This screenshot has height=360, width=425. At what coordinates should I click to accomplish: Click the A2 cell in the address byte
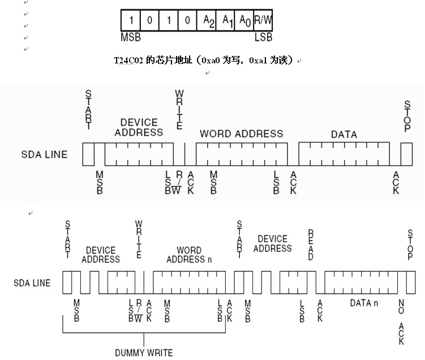209,20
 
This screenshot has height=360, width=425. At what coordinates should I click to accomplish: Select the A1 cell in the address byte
227,20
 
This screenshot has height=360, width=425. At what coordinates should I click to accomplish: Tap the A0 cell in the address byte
244,20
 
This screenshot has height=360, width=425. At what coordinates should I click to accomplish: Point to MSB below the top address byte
131,37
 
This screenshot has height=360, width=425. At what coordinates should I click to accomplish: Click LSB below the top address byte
263,37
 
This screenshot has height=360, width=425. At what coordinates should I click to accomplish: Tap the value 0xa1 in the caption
259,59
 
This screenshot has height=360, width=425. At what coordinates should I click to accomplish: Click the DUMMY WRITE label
144,353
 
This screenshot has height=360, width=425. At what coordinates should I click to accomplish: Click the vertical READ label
311,245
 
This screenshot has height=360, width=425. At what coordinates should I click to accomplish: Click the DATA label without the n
344,134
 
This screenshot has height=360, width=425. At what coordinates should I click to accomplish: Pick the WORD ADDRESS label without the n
241,134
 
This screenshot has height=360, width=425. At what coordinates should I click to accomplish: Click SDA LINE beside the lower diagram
32,282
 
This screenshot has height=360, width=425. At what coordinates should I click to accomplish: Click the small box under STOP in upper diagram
406,153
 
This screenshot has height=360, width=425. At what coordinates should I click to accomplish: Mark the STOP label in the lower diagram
410,245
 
